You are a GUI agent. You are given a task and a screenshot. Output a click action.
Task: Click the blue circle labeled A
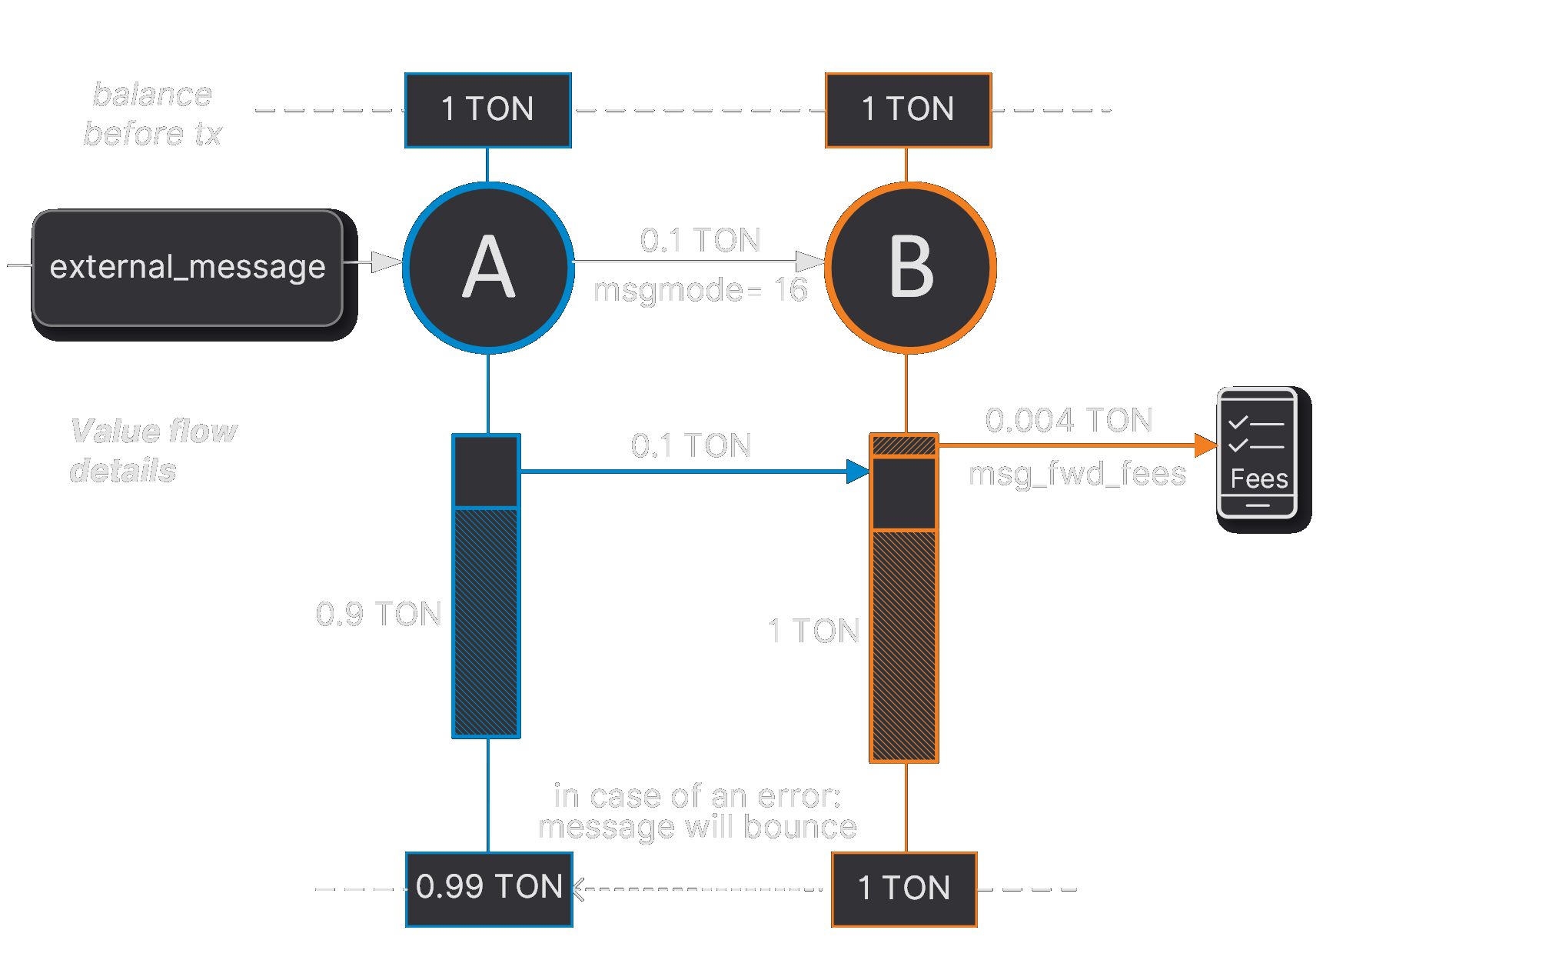pyautogui.click(x=488, y=268)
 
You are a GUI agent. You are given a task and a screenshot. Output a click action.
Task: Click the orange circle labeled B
pyautogui.click(x=910, y=268)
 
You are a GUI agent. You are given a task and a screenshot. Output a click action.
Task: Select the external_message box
pyautogui.click(x=188, y=268)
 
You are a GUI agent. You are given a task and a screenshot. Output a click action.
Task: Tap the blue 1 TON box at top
pyautogui.click(x=488, y=110)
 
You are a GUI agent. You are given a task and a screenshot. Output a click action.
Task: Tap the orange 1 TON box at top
pyautogui.click(x=908, y=110)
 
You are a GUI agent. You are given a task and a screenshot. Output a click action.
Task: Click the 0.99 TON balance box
pyautogui.click(x=489, y=888)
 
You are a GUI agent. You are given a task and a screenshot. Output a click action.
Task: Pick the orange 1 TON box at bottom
pyautogui.click(x=904, y=888)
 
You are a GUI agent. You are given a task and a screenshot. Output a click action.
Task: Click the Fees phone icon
pyautogui.click(x=1257, y=452)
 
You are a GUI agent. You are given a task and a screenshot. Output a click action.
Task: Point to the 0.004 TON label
pyautogui.click(x=1069, y=420)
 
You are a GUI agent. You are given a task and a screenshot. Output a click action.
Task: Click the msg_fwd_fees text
pyautogui.click(x=1076, y=474)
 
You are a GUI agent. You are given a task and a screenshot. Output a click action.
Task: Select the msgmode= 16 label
pyautogui.click(x=700, y=291)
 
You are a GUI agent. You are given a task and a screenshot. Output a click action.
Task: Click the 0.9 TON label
pyautogui.click(x=378, y=614)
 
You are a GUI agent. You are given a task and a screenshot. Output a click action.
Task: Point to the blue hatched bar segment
pyautogui.click(x=486, y=622)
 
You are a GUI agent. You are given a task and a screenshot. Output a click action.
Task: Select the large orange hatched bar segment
pyautogui.click(x=904, y=645)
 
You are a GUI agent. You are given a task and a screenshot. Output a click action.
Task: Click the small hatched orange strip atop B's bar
pyautogui.click(x=904, y=445)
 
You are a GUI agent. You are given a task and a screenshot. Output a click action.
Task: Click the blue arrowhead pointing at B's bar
pyautogui.click(x=858, y=472)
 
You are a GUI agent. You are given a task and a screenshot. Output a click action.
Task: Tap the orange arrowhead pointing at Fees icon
pyautogui.click(x=1205, y=445)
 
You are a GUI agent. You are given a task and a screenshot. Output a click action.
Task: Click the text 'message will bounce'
pyautogui.click(x=696, y=828)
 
